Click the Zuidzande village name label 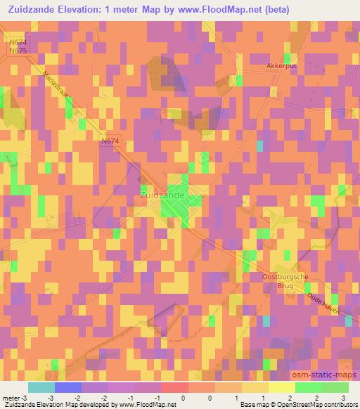162,193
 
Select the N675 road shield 18,51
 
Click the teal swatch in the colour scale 41,387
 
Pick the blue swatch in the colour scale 68,387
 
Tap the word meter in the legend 11,398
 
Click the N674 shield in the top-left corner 18,43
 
